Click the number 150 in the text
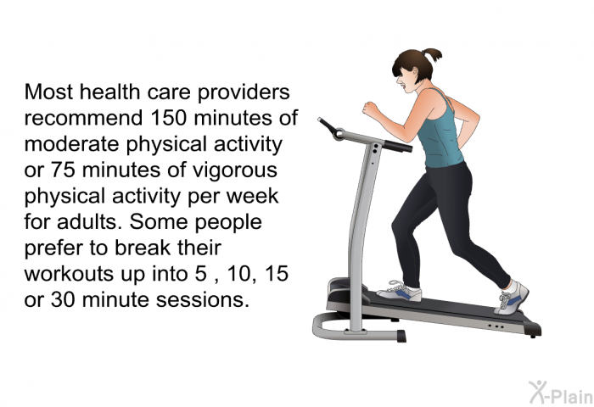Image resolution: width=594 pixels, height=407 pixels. tap(169, 118)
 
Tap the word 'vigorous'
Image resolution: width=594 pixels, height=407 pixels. tap(235, 170)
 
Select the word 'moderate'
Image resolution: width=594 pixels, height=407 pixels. tap(73, 144)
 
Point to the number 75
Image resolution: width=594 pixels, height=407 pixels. tap(63, 170)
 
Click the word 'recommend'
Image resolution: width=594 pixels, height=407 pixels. tap(84, 118)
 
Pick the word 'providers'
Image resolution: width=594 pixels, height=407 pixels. tap(244, 92)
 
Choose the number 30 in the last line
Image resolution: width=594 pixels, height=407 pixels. tap(63, 299)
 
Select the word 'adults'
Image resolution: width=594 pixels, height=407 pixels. tap(88, 221)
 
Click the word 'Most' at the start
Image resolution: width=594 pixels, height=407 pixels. tap(48, 92)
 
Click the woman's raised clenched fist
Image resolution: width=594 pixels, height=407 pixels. tap(371, 109)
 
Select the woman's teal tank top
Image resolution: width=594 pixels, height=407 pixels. tap(440, 131)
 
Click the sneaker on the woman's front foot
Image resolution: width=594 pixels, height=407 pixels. tap(400, 292)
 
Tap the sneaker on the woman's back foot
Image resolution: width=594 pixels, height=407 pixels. tap(512, 298)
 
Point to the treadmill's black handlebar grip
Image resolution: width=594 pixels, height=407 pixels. tap(397, 146)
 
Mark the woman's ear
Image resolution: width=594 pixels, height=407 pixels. tap(414, 72)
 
